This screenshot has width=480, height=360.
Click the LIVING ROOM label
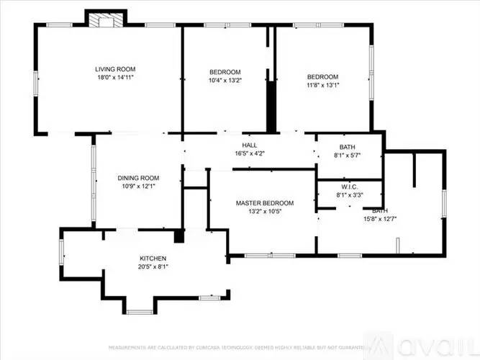point(115,69)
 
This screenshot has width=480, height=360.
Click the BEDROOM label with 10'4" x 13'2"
point(225,72)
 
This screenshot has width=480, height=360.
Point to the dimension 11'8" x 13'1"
point(322,85)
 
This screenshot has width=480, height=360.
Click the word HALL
point(250,145)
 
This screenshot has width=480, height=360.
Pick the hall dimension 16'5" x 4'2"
point(250,153)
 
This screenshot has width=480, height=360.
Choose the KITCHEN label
point(153,258)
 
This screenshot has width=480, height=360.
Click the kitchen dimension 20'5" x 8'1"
point(153,266)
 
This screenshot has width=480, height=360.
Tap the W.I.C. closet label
point(349,185)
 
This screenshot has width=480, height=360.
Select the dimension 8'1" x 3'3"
point(349,193)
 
